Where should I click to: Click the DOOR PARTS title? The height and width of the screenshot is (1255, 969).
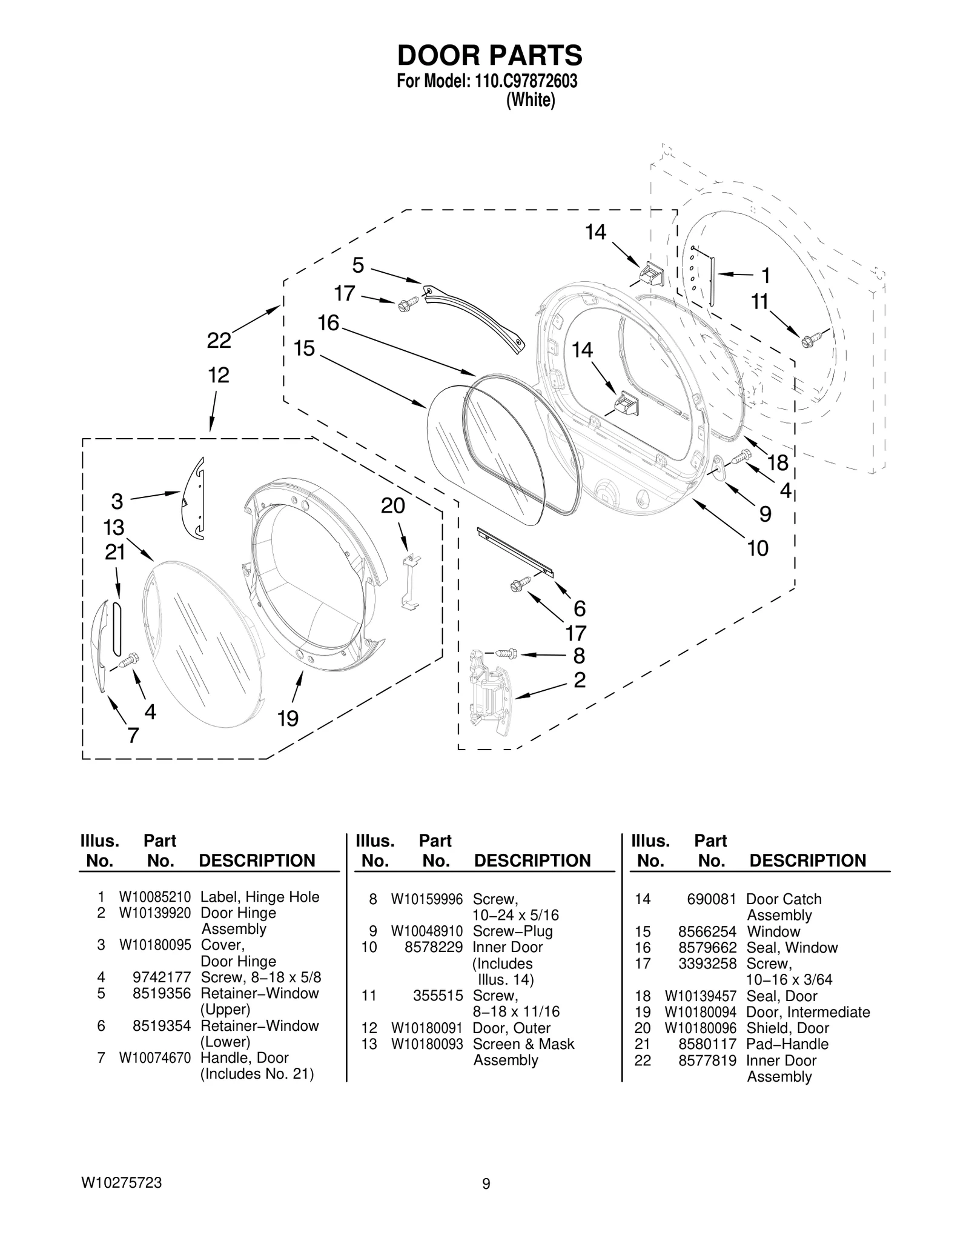[x=489, y=55]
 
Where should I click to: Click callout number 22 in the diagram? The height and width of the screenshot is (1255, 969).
[x=219, y=341]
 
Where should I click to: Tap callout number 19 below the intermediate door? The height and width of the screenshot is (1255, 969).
[x=288, y=719]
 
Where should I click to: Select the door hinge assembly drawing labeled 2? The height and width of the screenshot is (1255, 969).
[x=489, y=694]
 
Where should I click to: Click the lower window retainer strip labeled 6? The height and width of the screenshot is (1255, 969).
[x=515, y=551]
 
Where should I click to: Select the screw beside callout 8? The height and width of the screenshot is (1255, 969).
[x=504, y=654]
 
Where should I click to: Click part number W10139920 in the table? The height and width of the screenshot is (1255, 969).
[x=155, y=913]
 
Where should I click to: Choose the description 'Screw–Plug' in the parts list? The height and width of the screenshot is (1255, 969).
[x=512, y=931]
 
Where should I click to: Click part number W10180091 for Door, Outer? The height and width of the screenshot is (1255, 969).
[x=427, y=1028]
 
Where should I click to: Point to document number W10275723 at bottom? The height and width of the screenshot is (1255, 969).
[x=121, y=1199]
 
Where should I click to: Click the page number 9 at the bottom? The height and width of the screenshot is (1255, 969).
[x=486, y=1200]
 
